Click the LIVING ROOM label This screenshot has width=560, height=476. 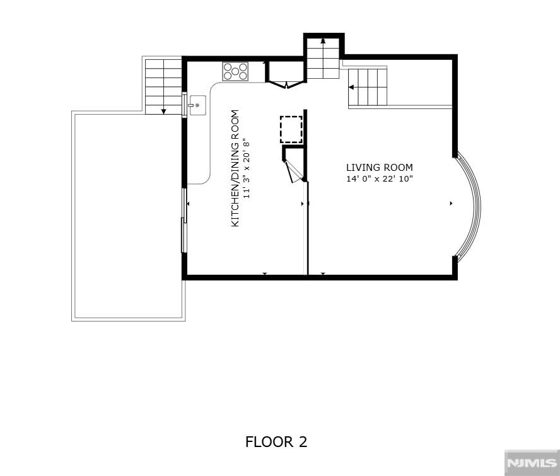pos(379,168)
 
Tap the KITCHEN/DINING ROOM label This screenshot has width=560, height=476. pos(235,169)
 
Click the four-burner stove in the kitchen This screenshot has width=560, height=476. pos(235,71)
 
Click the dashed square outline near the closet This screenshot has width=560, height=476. pos(291,129)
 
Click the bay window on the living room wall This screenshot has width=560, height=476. pos(470,206)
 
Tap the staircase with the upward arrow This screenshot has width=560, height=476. pos(323,58)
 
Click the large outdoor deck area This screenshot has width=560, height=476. pos(126,214)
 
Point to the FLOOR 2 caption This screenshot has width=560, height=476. pos(276,442)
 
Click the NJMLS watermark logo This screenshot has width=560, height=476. pos(531,463)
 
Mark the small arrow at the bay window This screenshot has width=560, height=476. pos(451,204)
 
